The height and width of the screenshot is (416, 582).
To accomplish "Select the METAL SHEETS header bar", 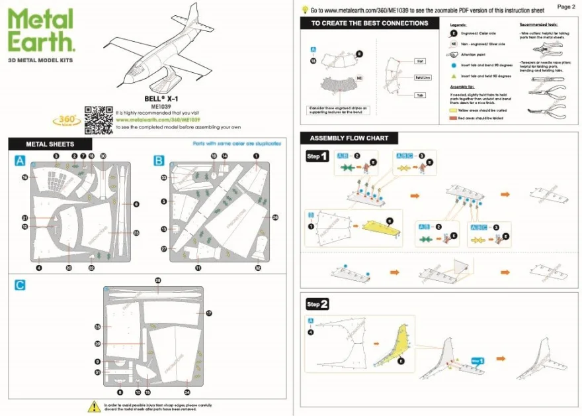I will (x=50, y=144).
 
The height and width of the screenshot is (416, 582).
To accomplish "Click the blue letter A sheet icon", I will (x=20, y=160).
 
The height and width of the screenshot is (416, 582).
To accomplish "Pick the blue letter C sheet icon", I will (x=20, y=285).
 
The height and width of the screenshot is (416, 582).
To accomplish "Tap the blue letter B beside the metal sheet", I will (x=158, y=160).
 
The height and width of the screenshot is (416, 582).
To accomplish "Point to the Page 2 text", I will (x=566, y=7).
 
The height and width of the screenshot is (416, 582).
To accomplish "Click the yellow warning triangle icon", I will (x=93, y=405).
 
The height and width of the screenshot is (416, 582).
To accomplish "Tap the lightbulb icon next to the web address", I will (x=305, y=10).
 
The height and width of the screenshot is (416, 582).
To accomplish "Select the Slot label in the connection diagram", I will (x=419, y=60).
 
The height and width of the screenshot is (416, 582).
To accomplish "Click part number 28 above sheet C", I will (x=157, y=281).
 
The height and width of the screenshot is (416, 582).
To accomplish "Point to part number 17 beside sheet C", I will (x=208, y=313).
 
